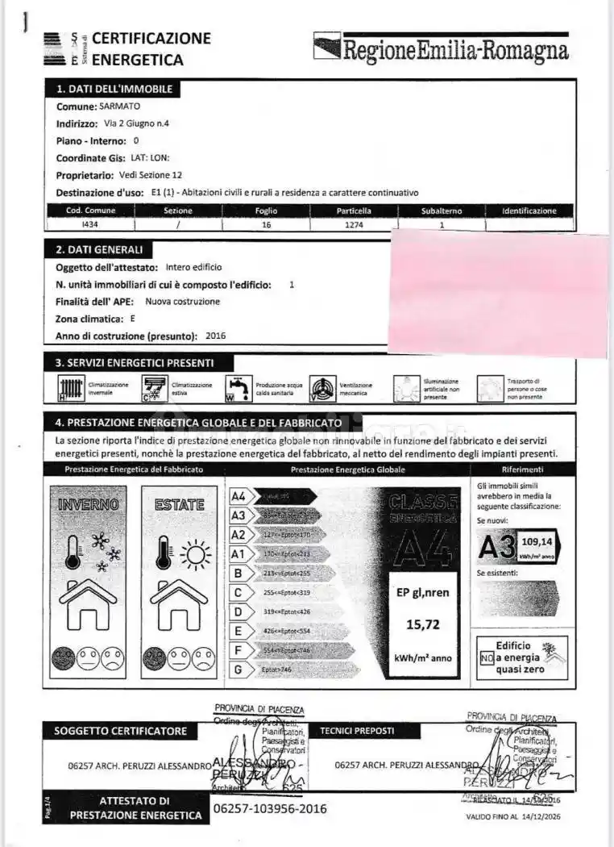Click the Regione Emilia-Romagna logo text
coord(454,51)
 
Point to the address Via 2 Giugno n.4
coord(137,123)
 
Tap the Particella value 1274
coord(354,225)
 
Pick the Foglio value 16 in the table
coord(267,225)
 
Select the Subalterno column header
coord(442,211)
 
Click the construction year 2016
coord(216,336)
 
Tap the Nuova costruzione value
coord(182,301)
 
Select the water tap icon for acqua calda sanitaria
coord(239,389)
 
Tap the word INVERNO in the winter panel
coord(89,504)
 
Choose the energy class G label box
coord(238,670)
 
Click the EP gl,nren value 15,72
coord(422,624)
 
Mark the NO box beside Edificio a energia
coord(486,657)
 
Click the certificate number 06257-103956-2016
coord(269,808)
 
